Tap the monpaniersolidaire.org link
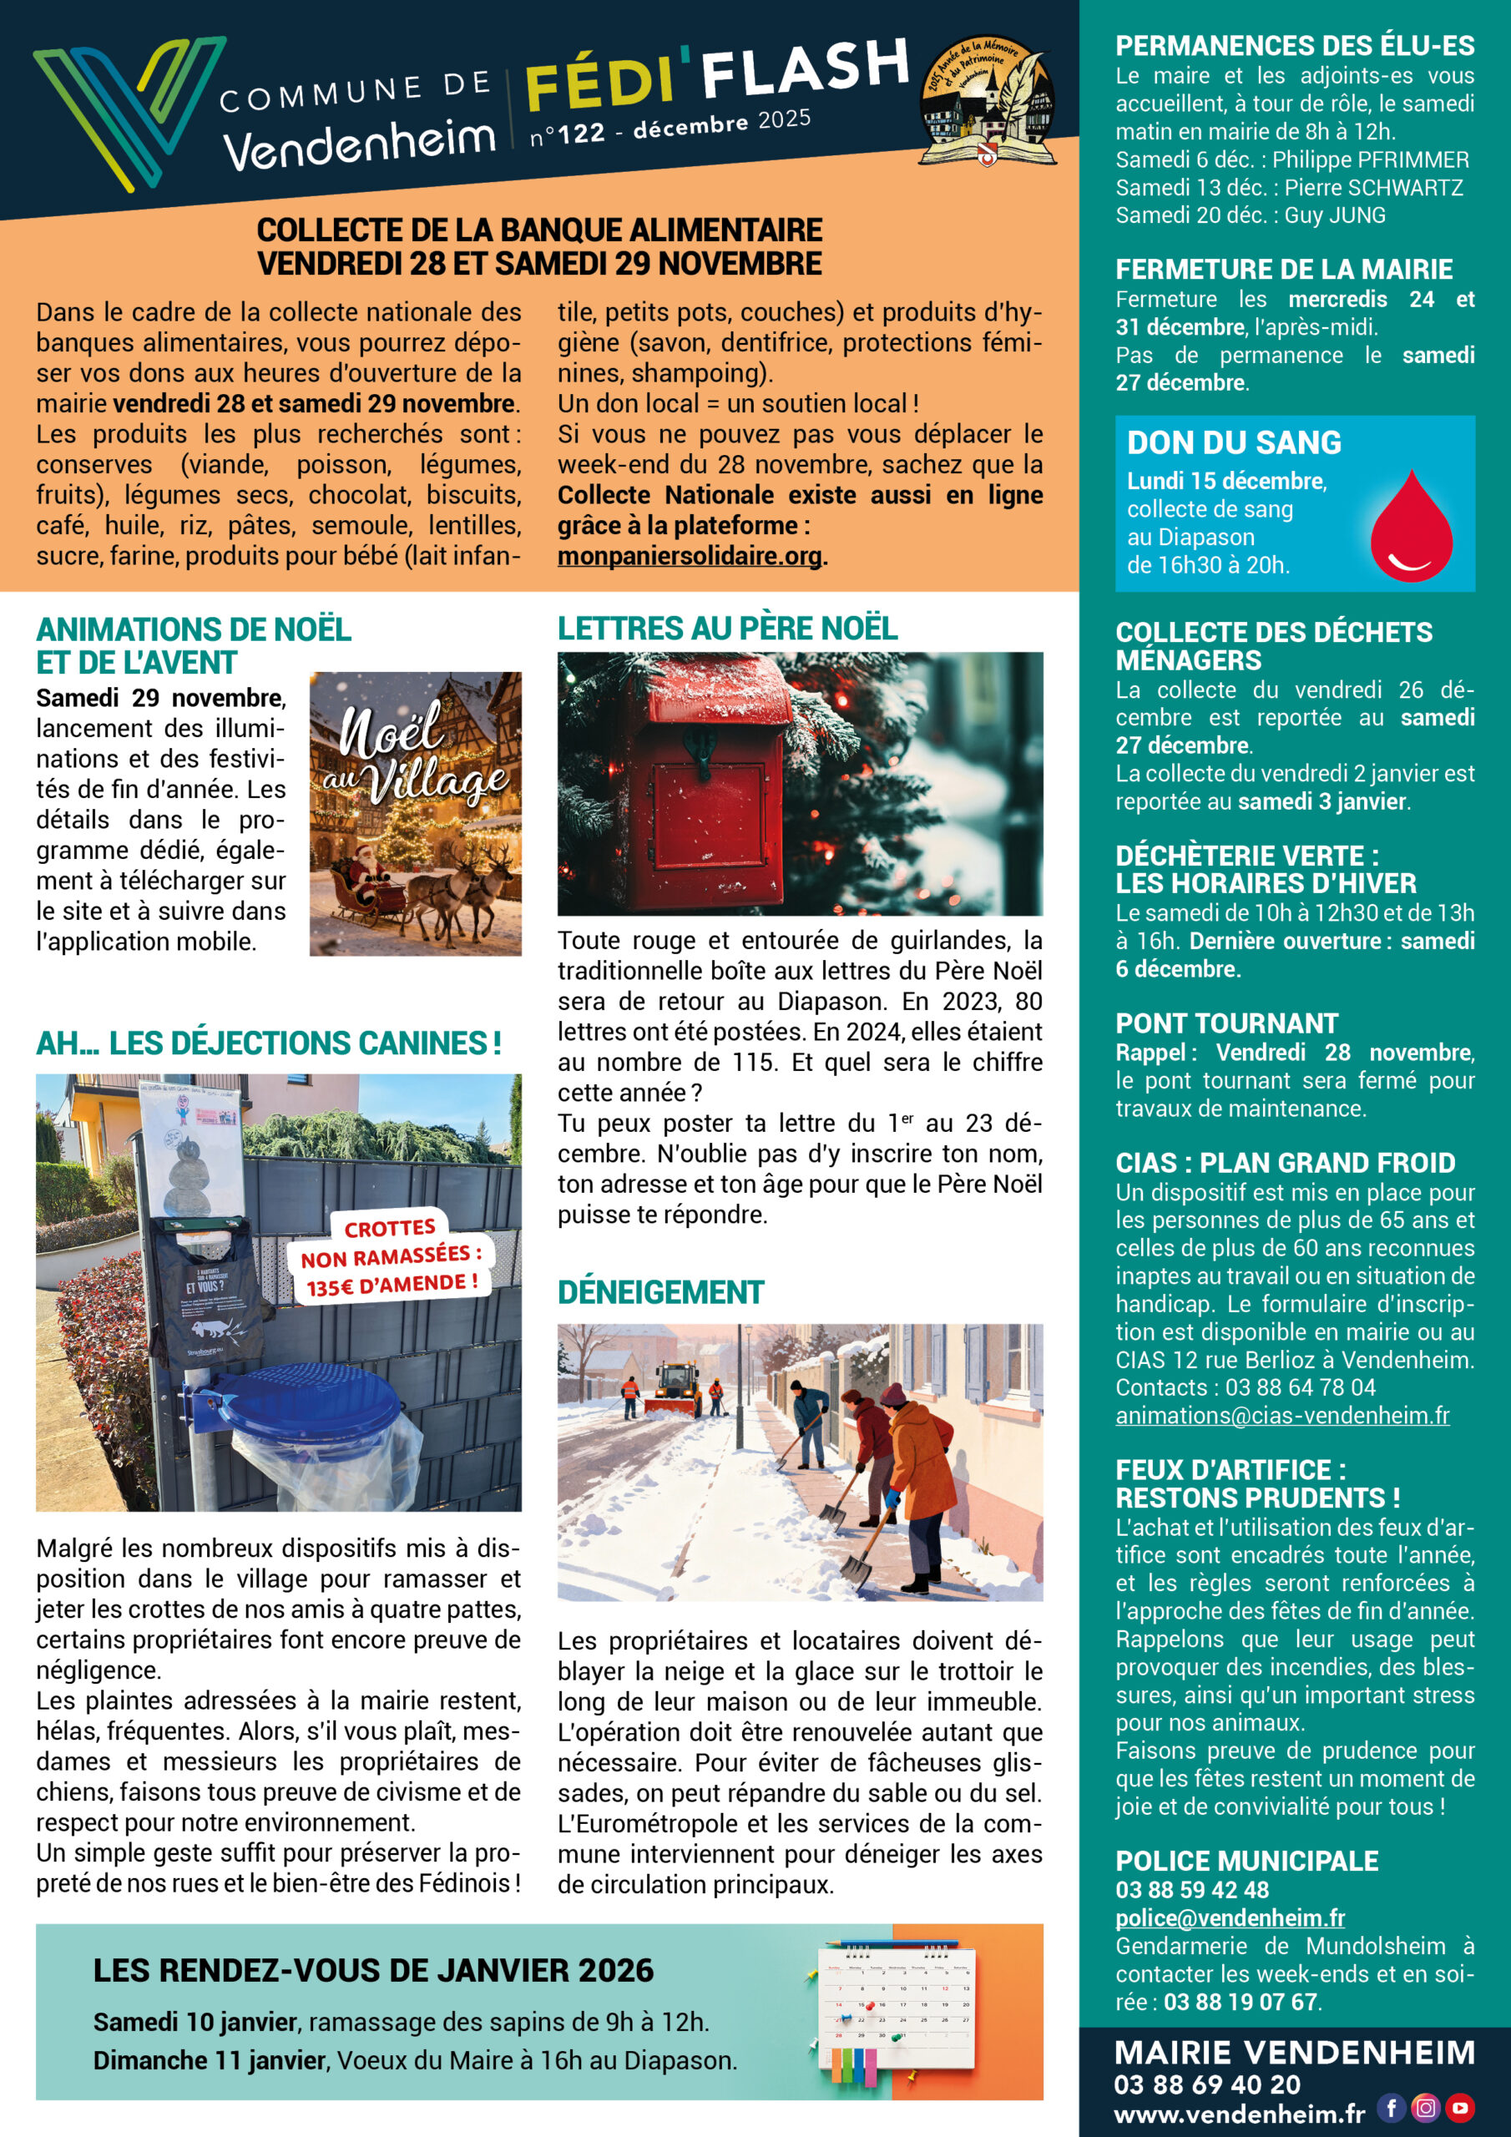point(690,557)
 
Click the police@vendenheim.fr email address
point(1229,1918)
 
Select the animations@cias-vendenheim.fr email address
point(1282,1416)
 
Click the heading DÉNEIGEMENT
point(660,1293)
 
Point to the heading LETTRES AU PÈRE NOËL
point(727,629)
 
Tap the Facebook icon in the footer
point(1391,2107)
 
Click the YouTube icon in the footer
point(1461,2107)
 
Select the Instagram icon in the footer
point(1425,2107)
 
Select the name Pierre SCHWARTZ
point(1373,188)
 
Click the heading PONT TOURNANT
point(1226,1023)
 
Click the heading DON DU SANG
point(1234,443)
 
